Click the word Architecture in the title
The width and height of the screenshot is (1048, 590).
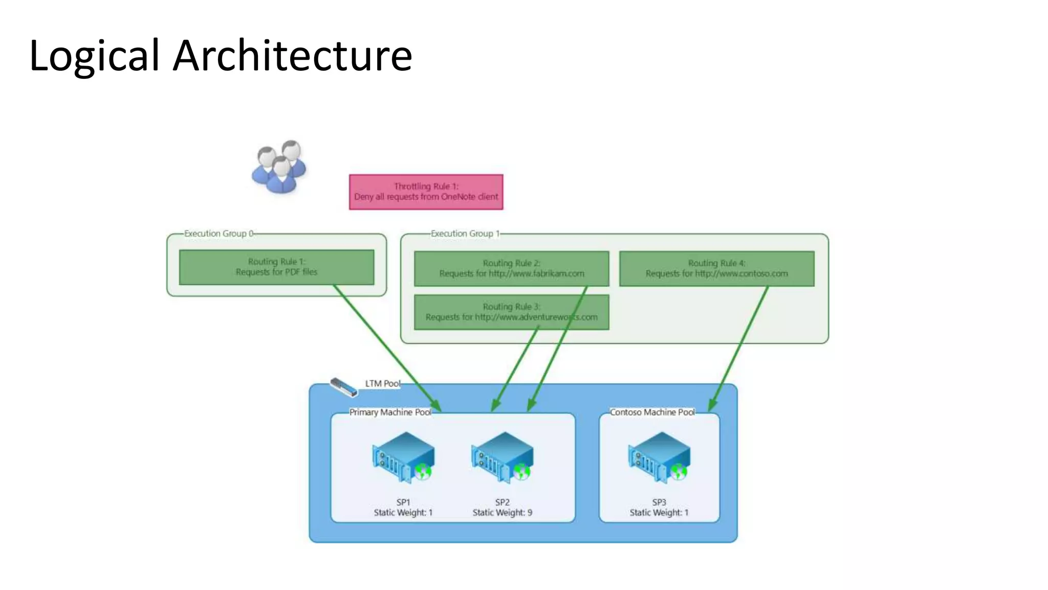(x=292, y=55)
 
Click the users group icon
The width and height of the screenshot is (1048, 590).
(x=279, y=166)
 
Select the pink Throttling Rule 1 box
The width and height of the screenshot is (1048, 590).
(x=426, y=192)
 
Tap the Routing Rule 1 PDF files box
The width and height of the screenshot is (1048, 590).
(x=276, y=267)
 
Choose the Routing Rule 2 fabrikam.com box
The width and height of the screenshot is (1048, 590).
(x=511, y=268)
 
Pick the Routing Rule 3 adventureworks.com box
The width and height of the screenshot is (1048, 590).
(x=511, y=312)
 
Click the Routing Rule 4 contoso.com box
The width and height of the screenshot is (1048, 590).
(x=716, y=268)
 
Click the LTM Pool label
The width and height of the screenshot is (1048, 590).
(x=382, y=384)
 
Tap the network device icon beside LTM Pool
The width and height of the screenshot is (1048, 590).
(x=343, y=387)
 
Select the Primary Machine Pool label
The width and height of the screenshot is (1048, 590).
(x=390, y=412)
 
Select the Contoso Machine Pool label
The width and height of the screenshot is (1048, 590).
(x=652, y=412)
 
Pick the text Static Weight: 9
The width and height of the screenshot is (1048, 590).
(x=502, y=513)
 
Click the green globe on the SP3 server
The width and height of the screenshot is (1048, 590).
(x=679, y=471)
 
